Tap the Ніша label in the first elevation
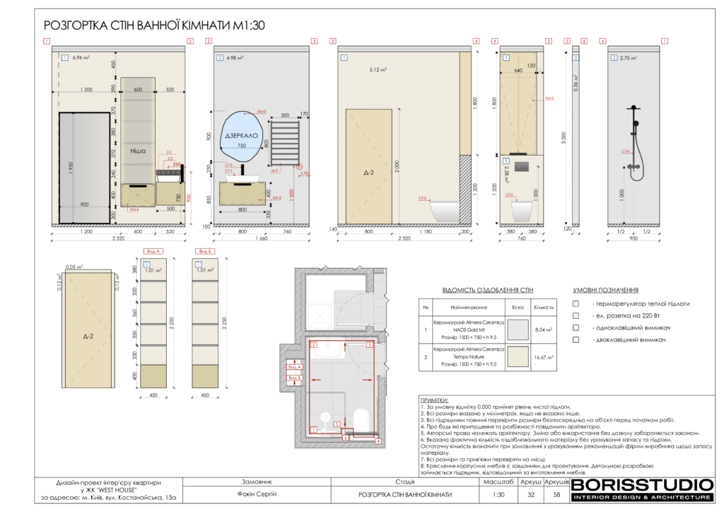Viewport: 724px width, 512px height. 137,151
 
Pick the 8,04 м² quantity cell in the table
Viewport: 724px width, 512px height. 544,328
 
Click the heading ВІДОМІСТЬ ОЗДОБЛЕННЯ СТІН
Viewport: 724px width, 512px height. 487,290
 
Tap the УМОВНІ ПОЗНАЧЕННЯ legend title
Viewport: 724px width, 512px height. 606,290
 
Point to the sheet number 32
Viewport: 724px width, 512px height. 530,494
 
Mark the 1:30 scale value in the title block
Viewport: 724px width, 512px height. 498,494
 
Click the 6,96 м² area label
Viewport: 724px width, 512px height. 83,57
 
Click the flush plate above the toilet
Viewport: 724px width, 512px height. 520,168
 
